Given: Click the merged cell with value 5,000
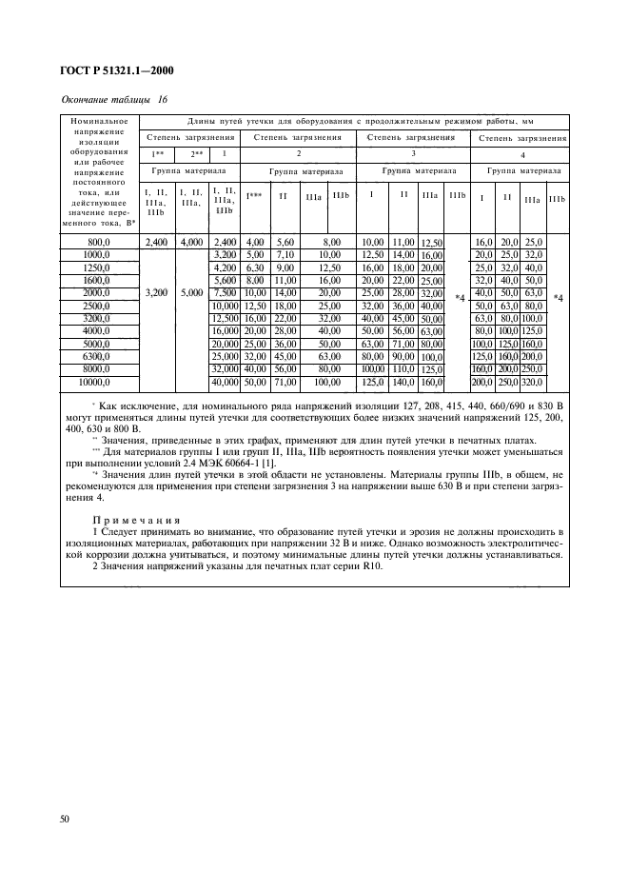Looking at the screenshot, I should (190, 295).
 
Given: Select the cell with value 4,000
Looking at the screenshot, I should (190, 243).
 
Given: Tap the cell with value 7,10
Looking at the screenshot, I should (286, 255).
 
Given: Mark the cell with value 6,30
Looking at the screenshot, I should (255, 268).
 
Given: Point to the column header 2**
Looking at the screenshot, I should (190, 153).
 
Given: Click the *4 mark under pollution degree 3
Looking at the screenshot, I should (461, 299).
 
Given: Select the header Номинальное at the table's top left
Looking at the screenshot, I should (99, 121).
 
